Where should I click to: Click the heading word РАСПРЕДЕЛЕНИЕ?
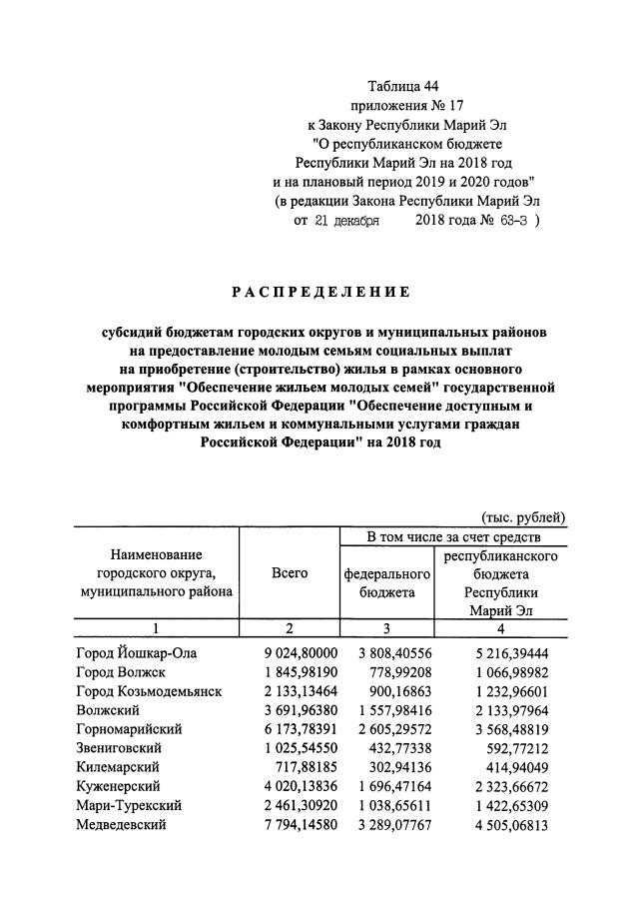320,292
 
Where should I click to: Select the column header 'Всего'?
289,572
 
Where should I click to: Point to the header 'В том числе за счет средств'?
453,537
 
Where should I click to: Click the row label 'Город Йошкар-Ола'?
137,653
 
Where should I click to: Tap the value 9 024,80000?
289,653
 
